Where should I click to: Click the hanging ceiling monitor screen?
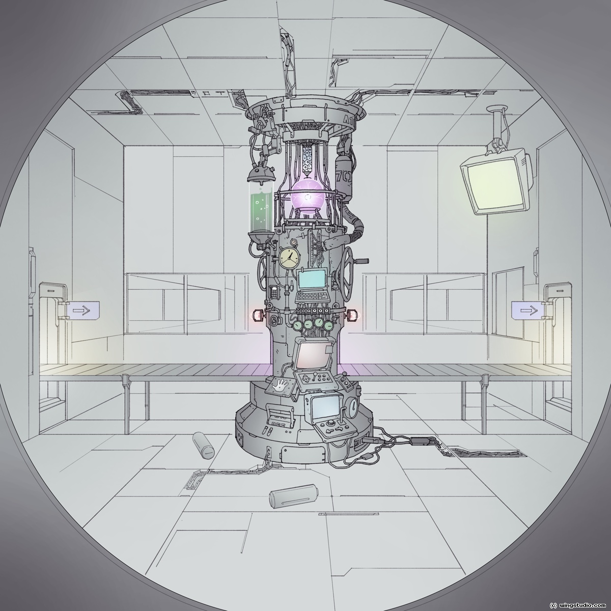[493, 181]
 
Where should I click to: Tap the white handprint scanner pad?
[279, 386]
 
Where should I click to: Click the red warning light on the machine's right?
[352, 315]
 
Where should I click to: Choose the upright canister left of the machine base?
[205, 446]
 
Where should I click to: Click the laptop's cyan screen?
[312, 279]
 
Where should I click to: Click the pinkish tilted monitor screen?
[313, 355]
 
